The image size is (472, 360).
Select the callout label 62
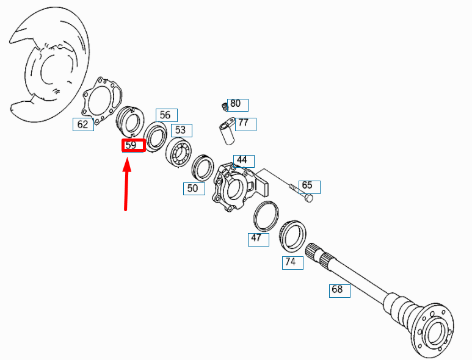(x=83, y=124)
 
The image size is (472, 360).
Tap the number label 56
(x=166, y=115)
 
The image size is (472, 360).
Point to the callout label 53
(x=181, y=130)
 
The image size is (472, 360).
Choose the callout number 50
(x=194, y=189)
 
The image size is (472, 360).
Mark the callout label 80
(x=238, y=105)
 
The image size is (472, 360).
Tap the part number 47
(x=258, y=239)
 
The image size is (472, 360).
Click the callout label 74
(x=292, y=262)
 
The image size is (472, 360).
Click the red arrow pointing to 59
(x=127, y=185)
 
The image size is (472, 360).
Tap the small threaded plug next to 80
(x=224, y=106)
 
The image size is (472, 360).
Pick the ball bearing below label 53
(x=178, y=152)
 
